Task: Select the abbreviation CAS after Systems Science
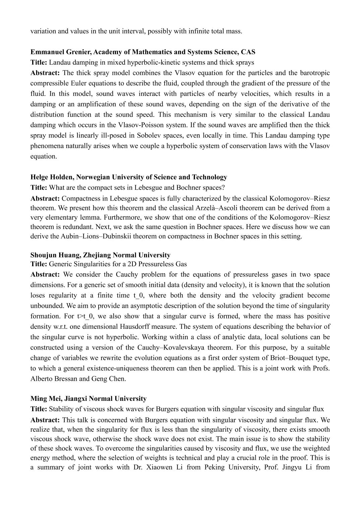(248, 52)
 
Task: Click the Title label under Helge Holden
(39, 188)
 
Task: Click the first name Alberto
(42, 379)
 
